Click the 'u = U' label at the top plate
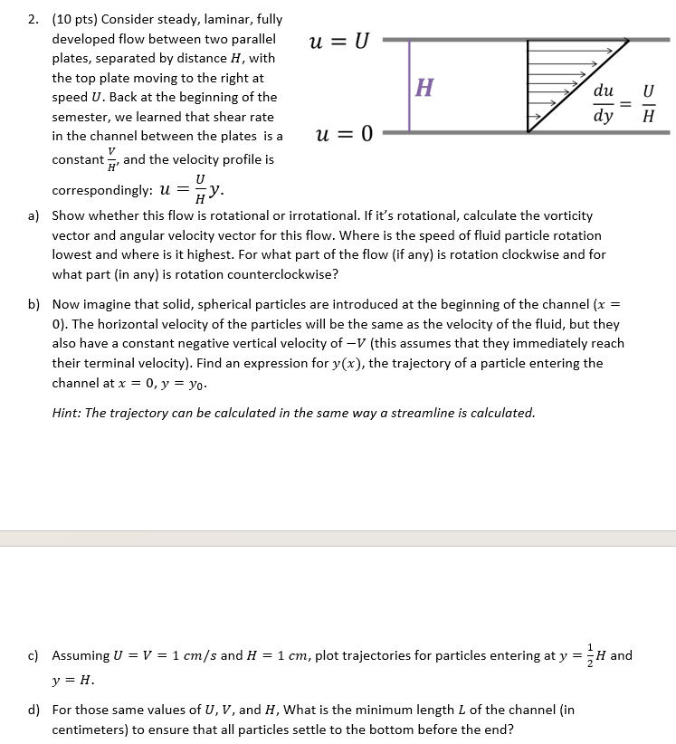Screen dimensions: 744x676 (x=339, y=42)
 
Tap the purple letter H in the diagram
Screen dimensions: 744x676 (x=424, y=88)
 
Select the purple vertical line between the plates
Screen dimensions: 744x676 (x=409, y=86)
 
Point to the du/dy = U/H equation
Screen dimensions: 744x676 (x=623, y=104)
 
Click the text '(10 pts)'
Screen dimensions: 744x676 (x=76, y=19)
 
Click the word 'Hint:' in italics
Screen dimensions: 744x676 (x=69, y=413)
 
